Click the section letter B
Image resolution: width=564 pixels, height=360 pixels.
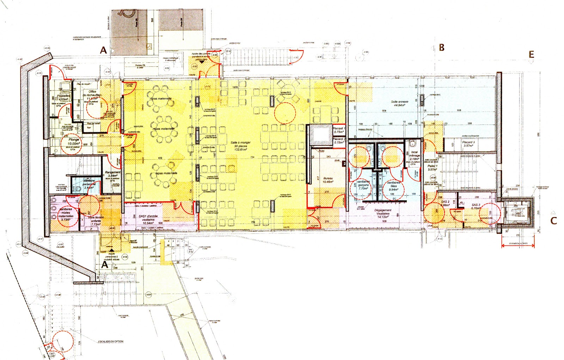pos(441,48)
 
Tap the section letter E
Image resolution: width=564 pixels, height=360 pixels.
pos(531,55)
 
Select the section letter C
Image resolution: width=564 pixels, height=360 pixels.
pos(554,221)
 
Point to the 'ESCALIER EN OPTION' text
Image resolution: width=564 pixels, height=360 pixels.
pos(111,341)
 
